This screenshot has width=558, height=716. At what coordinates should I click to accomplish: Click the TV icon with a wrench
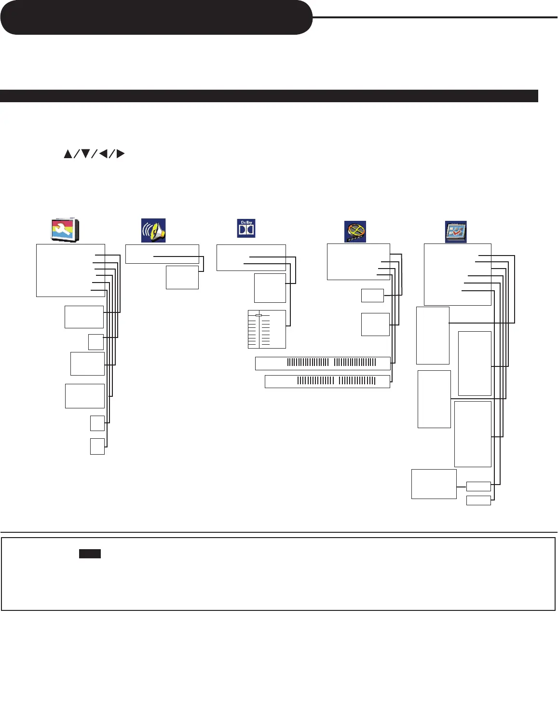click(x=65, y=230)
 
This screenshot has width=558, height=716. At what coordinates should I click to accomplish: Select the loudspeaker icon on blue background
click(x=153, y=230)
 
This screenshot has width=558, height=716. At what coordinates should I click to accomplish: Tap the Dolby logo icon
click(x=246, y=228)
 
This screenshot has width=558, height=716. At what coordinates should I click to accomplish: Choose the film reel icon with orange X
click(x=355, y=231)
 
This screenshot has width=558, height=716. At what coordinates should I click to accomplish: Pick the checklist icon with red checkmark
click(x=455, y=231)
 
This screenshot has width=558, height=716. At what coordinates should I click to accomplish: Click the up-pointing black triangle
click(x=68, y=154)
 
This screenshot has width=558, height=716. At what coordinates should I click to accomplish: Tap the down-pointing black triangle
click(x=85, y=154)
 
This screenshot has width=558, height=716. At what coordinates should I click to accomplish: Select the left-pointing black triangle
click(x=103, y=154)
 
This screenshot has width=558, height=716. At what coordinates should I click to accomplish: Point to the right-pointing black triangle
click(x=121, y=154)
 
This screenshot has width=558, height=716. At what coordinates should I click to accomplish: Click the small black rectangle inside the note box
click(x=90, y=554)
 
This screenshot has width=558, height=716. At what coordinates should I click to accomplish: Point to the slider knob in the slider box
click(x=259, y=315)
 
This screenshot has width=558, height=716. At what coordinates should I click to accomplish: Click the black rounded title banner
click(x=156, y=17)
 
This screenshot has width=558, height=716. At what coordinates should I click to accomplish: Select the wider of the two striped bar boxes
click(x=322, y=363)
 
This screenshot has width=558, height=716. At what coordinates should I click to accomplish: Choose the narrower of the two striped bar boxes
click(x=327, y=381)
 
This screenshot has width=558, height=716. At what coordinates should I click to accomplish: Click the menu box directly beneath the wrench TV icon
click(x=70, y=270)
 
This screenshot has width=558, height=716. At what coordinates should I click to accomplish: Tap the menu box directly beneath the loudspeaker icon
click(x=162, y=254)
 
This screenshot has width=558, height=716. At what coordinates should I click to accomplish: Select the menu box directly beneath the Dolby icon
click(x=251, y=257)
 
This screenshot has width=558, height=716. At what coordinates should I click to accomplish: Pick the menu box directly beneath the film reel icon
click(x=358, y=261)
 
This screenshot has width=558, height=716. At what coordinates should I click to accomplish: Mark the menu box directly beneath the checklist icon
click(x=457, y=274)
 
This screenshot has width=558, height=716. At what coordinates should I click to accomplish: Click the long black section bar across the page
click(x=269, y=95)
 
